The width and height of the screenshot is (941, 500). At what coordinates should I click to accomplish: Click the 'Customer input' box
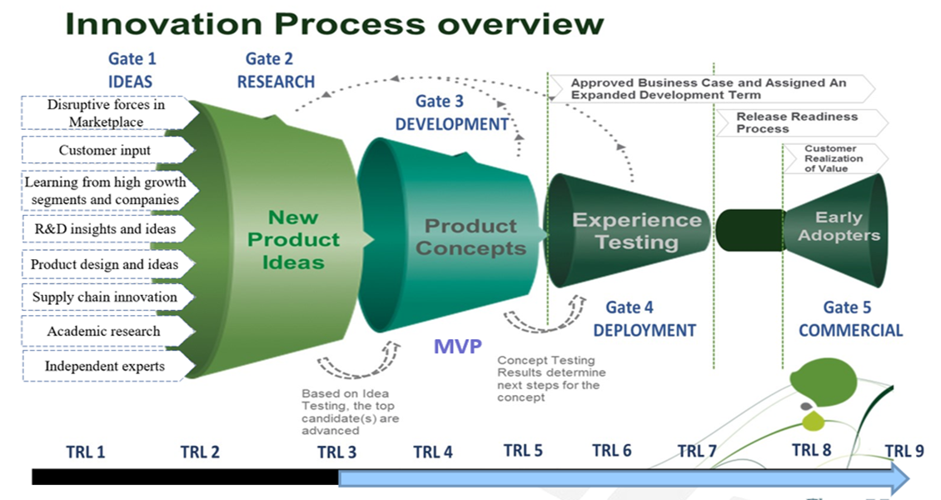(105, 151)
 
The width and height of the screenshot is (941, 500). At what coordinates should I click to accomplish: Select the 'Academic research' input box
(103, 331)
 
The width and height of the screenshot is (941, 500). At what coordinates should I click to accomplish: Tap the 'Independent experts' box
(104, 366)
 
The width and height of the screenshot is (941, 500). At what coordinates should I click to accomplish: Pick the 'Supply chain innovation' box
(104, 297)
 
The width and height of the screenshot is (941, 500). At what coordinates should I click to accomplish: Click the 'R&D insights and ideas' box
(104, 228)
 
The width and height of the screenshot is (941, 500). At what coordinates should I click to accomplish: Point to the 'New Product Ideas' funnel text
(293, 239)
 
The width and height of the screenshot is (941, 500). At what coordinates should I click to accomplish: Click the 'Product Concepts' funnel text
(471, 237)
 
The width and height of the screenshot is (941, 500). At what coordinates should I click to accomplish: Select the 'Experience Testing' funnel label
(637, 231)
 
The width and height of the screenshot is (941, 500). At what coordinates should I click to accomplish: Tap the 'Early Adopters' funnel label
(838, 226)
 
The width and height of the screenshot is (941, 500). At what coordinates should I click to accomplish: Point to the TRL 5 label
(523, 451)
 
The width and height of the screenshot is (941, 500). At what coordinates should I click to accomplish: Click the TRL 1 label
(85, 452)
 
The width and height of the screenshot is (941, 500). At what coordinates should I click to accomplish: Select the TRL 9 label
(904, 451)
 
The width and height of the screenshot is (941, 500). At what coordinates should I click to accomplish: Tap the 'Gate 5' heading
(847, 308)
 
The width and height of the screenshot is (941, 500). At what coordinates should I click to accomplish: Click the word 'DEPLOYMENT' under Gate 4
(645, 330)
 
